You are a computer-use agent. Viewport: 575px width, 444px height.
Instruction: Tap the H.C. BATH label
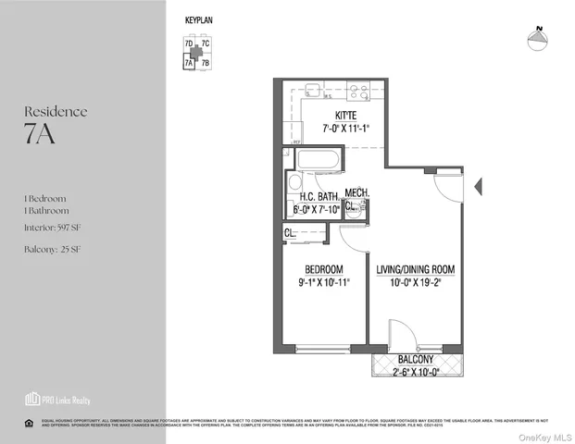[x=315, y=197]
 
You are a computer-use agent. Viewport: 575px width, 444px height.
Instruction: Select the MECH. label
[x=357, y=192]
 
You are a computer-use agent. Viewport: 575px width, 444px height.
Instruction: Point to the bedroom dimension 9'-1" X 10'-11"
[x=325, y=282]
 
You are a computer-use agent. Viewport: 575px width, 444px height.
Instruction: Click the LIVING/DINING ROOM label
[x=416, y=270]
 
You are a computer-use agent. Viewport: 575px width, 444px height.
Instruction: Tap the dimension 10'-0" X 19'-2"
[x=416, y=283]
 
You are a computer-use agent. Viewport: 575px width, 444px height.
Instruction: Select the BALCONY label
[x=416, y=358]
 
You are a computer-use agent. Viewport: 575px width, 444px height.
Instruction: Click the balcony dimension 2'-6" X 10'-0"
[x=416, y=370]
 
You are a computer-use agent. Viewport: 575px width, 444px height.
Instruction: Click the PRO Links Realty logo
[x=57, y=400]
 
